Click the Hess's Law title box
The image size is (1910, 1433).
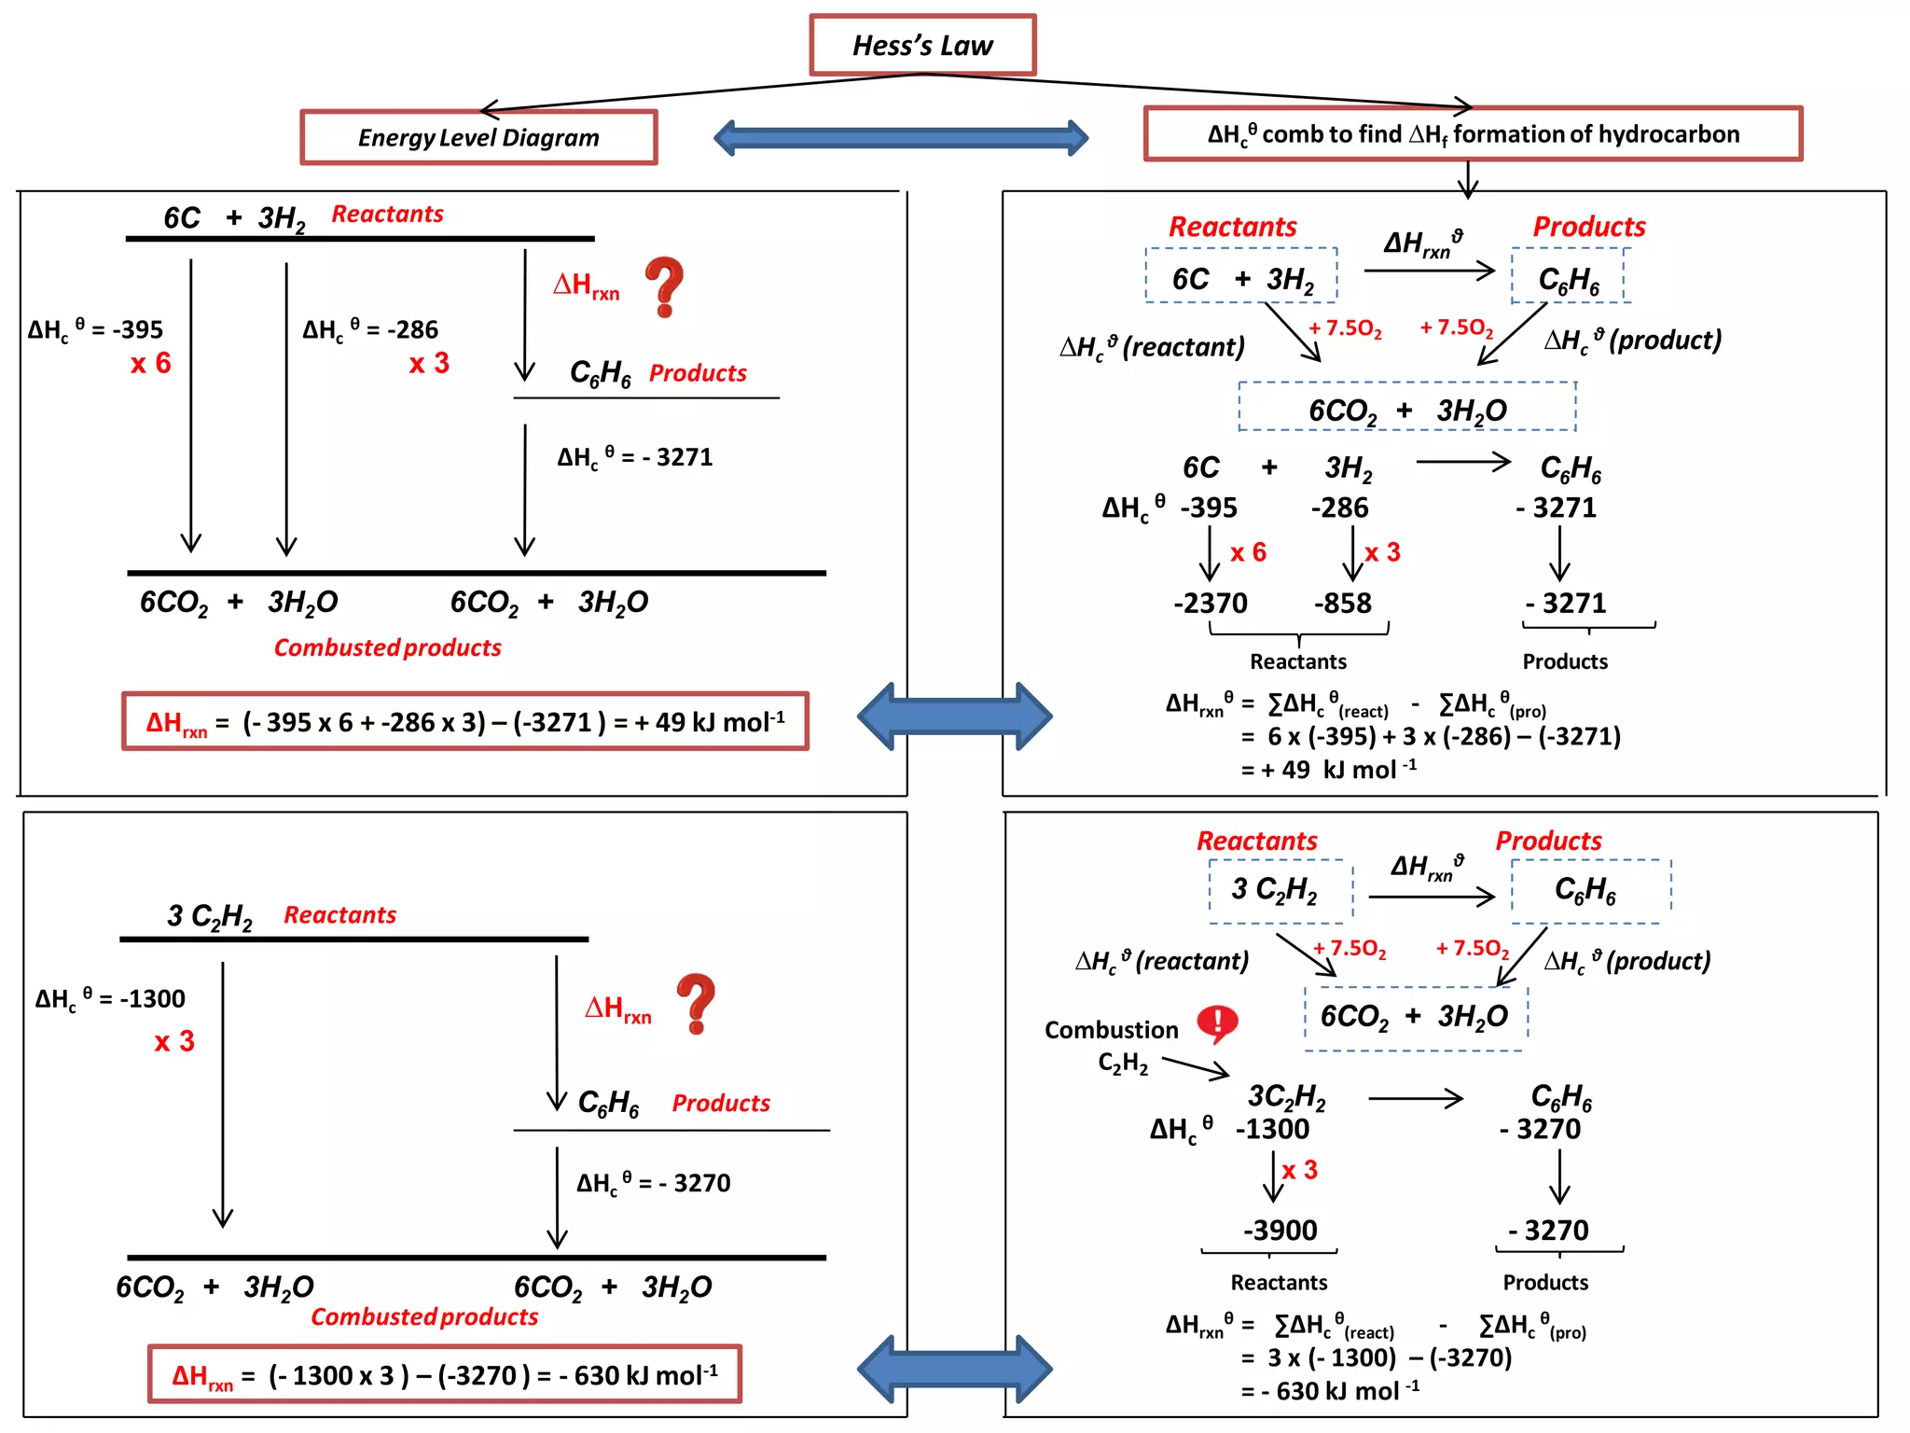click(x=922, y=45)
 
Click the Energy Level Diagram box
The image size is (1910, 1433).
click(x=478, y=137)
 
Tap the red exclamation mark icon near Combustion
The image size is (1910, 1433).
click(x=1216, y=1023)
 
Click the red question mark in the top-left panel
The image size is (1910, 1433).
click(x=664, y=286)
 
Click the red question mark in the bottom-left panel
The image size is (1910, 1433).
click(x=696, y=1003)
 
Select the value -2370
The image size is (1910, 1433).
click(x=1210, y=603)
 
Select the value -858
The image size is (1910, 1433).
click(x=1342, y=603)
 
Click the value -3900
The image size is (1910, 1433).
click(x=1280, y=1230)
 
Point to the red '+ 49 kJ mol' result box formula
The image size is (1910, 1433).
click(x=465, y=721)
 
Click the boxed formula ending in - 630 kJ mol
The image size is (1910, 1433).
click(x=445, y=1374)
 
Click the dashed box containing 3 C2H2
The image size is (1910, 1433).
click(x=1280, y=891)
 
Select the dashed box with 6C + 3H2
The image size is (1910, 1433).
click(x=1241, y=276)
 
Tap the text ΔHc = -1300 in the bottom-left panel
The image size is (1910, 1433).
click(x=110, y=998)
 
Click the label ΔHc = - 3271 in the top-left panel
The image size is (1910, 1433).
click(x=635, y=457)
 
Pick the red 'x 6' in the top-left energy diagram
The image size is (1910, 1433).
click(x=150, y=363)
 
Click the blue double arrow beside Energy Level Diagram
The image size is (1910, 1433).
click(x=900, y=138)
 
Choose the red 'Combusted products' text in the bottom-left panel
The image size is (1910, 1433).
click(x=424, y=1316)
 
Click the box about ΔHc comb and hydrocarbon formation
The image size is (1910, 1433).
click(x=1473, y=134)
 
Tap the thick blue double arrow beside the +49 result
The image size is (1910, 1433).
click(x=954, y=716)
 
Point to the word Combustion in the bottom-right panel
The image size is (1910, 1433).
click(x=1111, y=1030)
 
